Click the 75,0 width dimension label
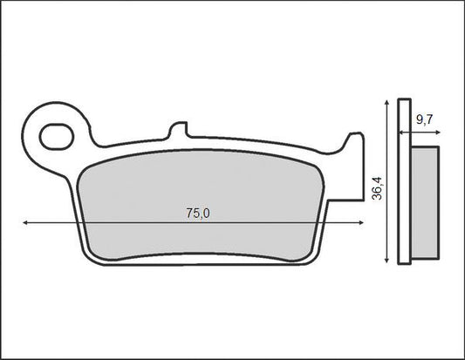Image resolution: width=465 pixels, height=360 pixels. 198,214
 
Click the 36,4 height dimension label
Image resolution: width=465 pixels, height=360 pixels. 378,188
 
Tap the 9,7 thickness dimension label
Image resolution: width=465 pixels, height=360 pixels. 425,119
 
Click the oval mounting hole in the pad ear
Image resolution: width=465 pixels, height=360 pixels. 57,137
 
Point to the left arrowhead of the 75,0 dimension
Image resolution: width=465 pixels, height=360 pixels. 25,222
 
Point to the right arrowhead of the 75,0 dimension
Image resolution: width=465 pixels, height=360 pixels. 361,222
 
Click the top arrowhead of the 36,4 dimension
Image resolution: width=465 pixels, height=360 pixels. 386,103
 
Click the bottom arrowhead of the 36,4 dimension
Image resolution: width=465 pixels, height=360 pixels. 386,260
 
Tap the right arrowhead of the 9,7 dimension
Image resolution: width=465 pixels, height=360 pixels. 438,132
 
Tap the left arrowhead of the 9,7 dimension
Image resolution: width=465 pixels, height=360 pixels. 400,132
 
